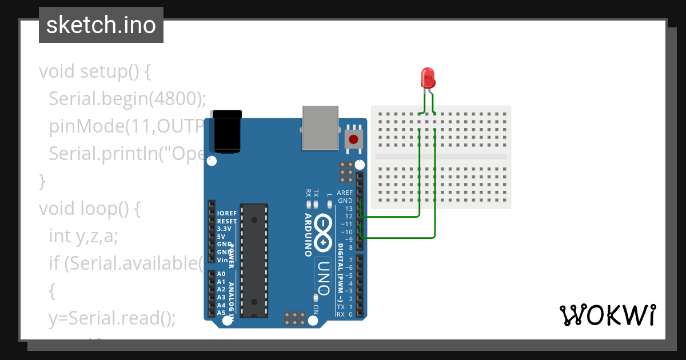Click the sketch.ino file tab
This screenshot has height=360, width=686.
pyautogui.click(x=101, y=25)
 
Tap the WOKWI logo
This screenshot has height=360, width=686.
pyautogui.click(x=607, y=315)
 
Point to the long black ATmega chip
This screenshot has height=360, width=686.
pyautogui.click(x=254, y=260)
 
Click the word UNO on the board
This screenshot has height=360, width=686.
pyautogui.click(x=324, y=277)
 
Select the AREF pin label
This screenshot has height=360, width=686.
pyautogui.click(x=345, y=193)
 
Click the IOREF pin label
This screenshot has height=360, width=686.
pyautogui.click(x=227, y=213)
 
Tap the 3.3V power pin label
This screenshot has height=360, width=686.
pyautogui.click(x=225, y=229)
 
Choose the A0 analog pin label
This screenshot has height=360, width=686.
pyautogui.click(x=221, y=274)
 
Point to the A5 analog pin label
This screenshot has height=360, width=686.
pyautogui.click(x=221, y=313)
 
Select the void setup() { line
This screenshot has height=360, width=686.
pyautogui.click(x=94, y=72)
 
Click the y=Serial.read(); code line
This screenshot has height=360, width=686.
pyautogui.click(x=112, y=318)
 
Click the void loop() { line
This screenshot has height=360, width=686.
pyautogui.click(x=89, y=209)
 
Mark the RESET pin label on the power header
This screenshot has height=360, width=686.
pyautogui.click(x=227, y=221)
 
